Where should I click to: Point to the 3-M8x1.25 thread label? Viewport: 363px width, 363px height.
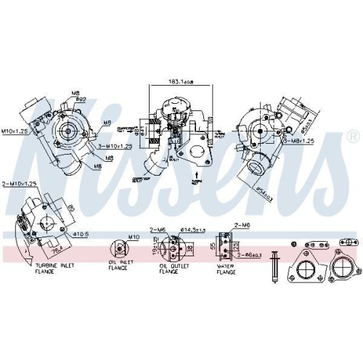coord(299,140)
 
